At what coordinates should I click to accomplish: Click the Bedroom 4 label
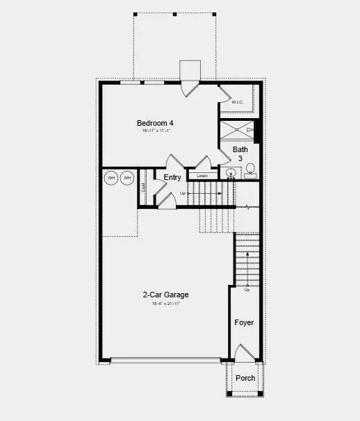(155, 124)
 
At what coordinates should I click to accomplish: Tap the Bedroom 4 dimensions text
(156, 131)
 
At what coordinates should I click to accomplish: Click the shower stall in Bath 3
(237, 130)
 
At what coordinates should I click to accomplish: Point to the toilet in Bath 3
(249, 169)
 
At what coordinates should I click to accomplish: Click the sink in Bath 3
(231, 173)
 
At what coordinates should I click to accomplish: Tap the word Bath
(240, 149)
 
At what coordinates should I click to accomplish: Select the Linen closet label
(202, 176)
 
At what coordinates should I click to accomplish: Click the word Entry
(172, 178)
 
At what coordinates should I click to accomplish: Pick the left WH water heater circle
(111, 179)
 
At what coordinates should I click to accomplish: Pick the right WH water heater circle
(126, 179)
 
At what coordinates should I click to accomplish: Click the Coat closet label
(143, 187)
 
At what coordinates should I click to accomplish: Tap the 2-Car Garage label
(166, 295)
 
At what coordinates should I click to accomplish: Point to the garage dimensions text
(166, 303)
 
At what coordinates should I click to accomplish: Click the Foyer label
(244, 323)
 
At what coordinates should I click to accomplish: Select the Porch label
(245, 379)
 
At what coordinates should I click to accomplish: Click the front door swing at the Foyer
(245, 353)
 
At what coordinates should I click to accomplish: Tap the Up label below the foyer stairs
(247, 290)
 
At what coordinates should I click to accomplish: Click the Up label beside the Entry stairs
(183, 193)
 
